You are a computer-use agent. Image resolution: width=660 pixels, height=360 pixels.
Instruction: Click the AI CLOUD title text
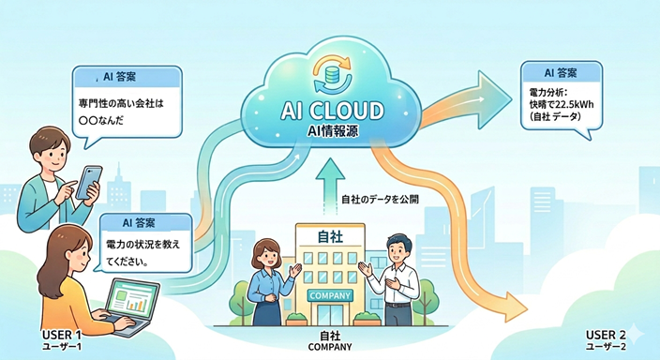pos(332,111)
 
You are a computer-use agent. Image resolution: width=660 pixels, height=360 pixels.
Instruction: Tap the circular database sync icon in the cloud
pos(332,74)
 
